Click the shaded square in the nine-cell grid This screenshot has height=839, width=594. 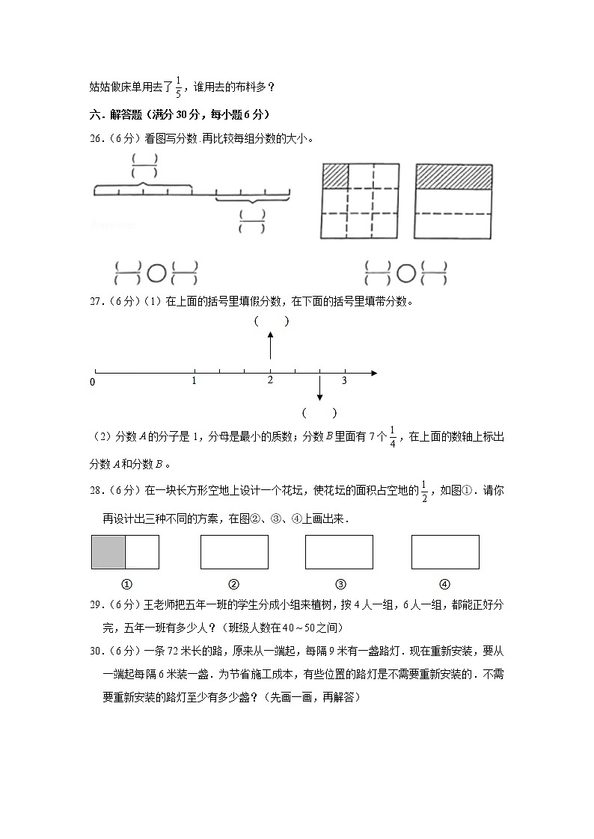click(x=335, y=176)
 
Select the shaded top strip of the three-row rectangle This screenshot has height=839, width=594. click(x=454, y=176)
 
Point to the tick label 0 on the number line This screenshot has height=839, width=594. click(x=92, y=383)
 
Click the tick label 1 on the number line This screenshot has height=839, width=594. click(x=194, y=381)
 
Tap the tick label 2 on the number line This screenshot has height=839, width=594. click(x=270, y=380)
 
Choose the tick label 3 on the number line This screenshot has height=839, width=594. click(x=344, y=381)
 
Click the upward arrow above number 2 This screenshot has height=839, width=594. click(x=270, y=346)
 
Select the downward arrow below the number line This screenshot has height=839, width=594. click(x=319, y=388)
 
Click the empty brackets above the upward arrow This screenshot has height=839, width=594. click(x=271, y=321)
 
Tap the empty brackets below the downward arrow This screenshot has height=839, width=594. click(x=319, y=412)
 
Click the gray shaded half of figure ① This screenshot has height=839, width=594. click(x=108, y=553)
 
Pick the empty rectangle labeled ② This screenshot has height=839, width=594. click(x=234, y=553)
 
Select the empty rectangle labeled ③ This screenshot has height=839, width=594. click(x=339, y=553)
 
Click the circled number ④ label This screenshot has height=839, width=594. click(x=444, y=584)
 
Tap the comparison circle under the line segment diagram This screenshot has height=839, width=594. click(x=156, y=274)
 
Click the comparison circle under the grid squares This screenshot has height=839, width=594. click(x=405, y=274)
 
